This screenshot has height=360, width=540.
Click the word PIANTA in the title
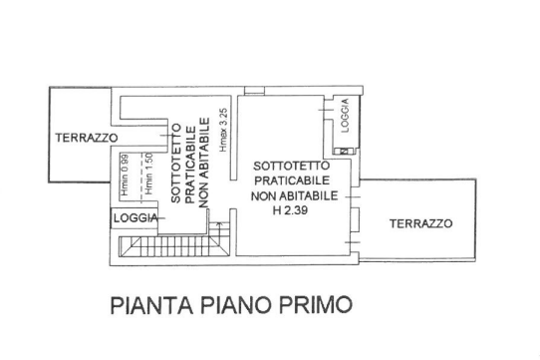(x=151, y=305)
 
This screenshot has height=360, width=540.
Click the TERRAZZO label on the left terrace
(x=87, y=138)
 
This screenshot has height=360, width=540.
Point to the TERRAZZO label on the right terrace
(x=420, y=223)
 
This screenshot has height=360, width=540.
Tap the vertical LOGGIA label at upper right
(x=345, y=116)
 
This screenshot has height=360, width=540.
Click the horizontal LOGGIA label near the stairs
(x=135, y=218)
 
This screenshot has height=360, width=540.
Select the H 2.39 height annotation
(x=290, y=210)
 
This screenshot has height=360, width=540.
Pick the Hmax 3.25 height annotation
(x=223, y=130)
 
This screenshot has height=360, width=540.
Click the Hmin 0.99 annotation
(x=125, y=175)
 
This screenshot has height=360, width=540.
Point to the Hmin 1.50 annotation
(x=148, y=174)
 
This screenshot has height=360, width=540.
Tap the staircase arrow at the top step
(x=218, y=223)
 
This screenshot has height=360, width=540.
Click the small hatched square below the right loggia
(x=344, y=151)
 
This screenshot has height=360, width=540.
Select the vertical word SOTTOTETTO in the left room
(x=176, y=164)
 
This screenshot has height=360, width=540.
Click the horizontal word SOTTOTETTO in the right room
(x=291, y=166)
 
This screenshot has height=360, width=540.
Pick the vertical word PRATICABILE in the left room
(x=190, y=165)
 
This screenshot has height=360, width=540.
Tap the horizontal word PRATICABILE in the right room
(x=292, y=180)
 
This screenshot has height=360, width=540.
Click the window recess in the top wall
(x=254, y=91)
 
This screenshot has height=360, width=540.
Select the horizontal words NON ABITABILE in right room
(x=295, y=195)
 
